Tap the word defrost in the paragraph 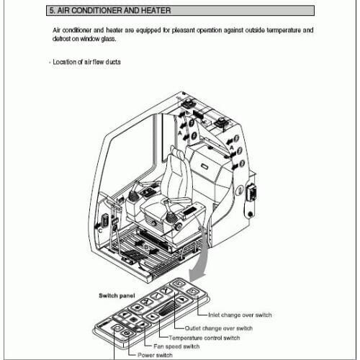pyautogui.click(x=63, y=39)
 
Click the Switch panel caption pyautogui.click(x=117, y=295)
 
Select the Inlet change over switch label pyautogui.click(x=239, y=315)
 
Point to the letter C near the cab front pyautogui.click(x=99, y=230)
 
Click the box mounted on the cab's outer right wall pyautogui.click(x=251, y=194)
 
